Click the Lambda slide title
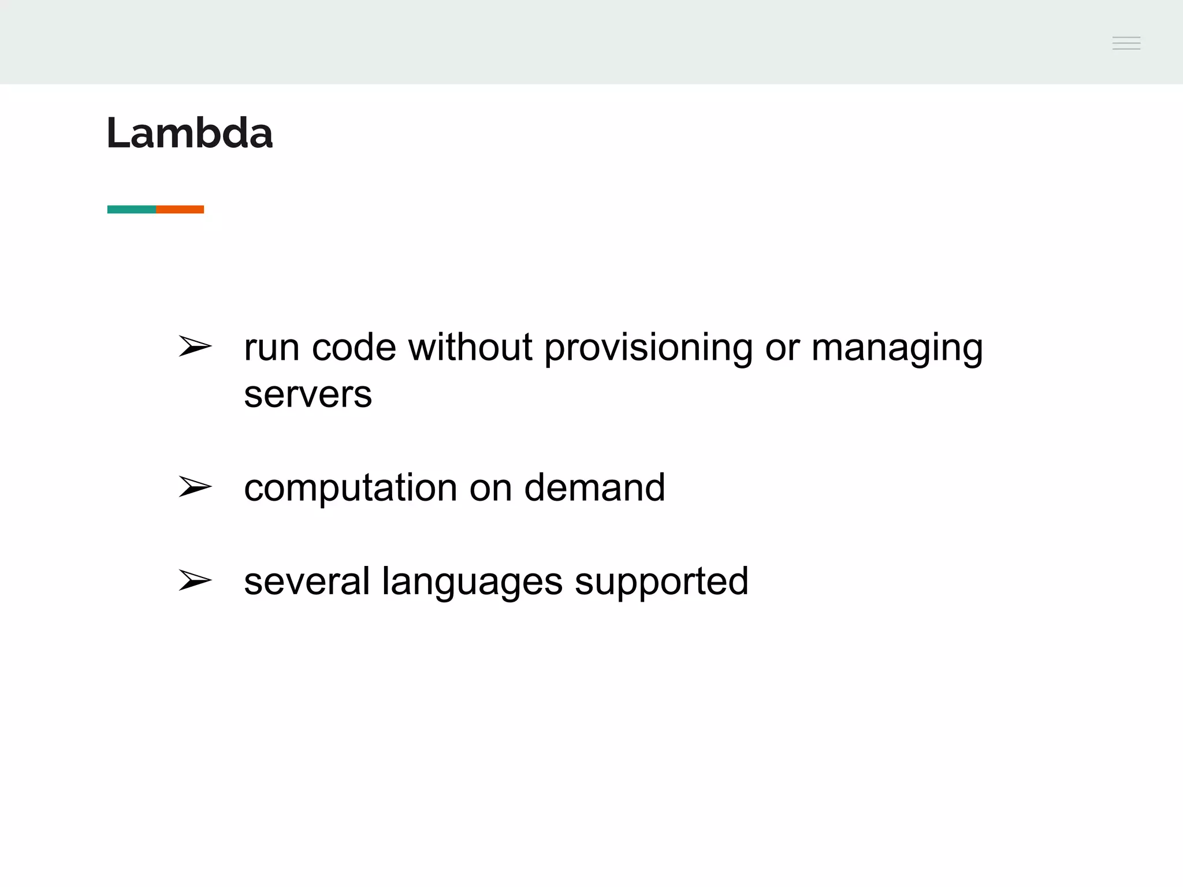coord(189,133)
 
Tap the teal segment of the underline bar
coord(132,209)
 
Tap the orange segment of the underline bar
coord(180,209)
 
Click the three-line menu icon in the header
coord(1126,43)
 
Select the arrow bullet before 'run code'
coord(195,346)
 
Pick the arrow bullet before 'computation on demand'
coord(195,487)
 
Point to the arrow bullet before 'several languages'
coord(195,580)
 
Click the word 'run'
coord(271,348)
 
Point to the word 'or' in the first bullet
coord(782,349)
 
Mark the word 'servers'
coord(308,396)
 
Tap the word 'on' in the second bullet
coord(490,489)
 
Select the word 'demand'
coord(594,487)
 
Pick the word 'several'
coord(307,582)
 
